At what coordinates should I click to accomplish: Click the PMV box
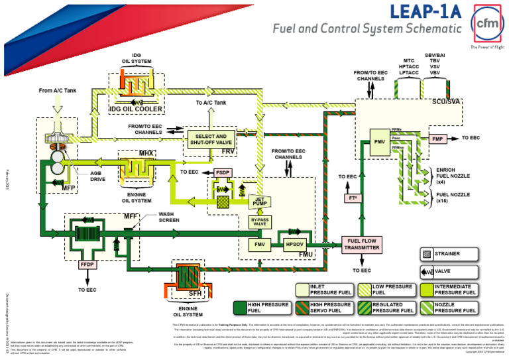click(379, 141)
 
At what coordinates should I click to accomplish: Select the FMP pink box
click(437, 139)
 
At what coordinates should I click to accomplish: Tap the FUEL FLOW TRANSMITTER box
click(361, 244)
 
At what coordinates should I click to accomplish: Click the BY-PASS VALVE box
click(260, 221)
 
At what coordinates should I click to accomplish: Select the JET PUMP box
click(260, 201)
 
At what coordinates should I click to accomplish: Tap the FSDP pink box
click(223, 172)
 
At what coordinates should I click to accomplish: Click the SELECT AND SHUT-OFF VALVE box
click(210, 139)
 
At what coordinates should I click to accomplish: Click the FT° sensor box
click(353, 198)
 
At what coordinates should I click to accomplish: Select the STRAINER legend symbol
click(427, 253)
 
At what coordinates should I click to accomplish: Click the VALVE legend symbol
click(427, 270)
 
